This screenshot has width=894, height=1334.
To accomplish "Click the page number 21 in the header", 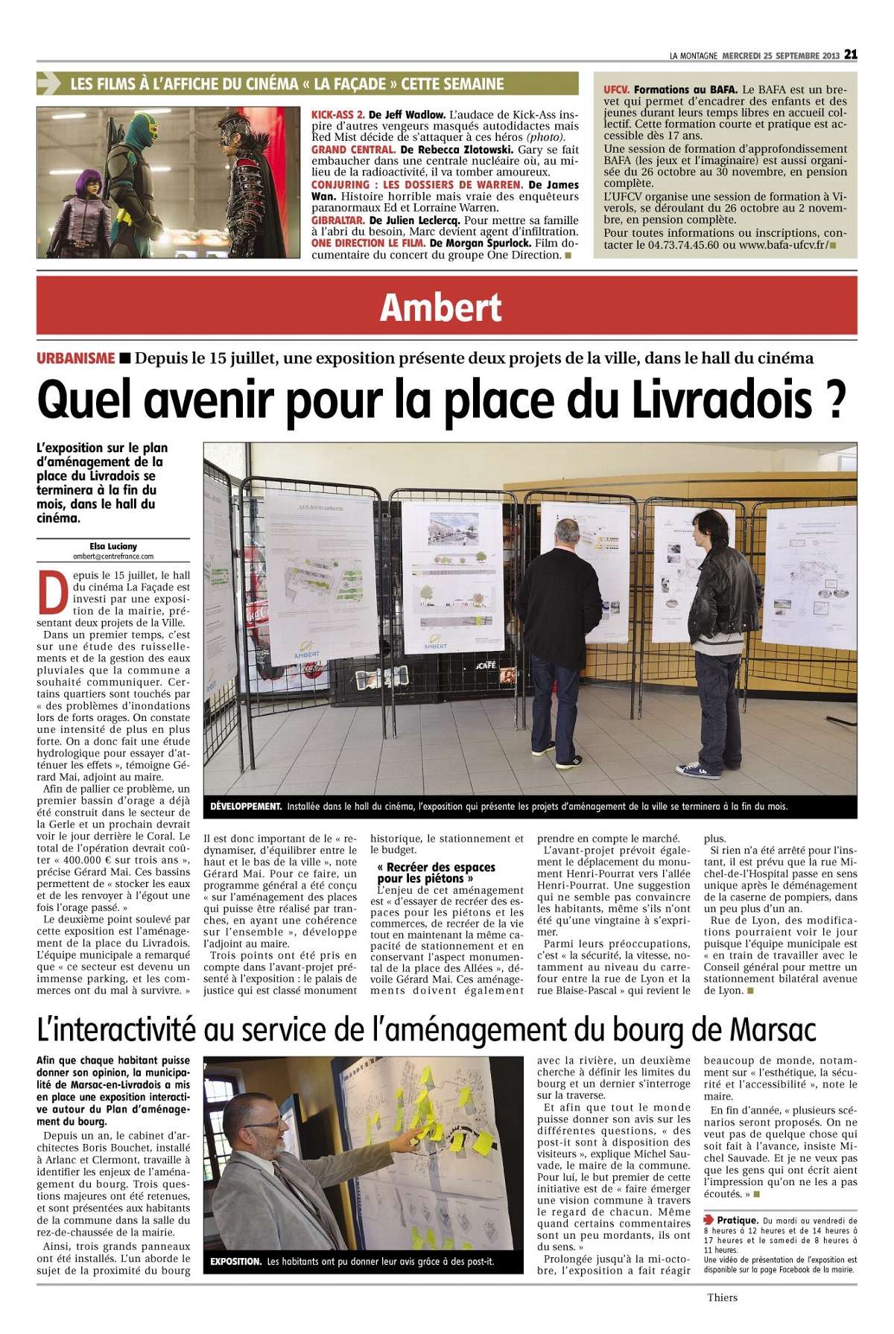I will coord(850,55).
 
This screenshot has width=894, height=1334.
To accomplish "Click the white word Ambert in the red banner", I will coord(440,308).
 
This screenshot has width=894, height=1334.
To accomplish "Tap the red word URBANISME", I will coord(76,358).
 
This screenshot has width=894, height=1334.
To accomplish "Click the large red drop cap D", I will coord(52,593).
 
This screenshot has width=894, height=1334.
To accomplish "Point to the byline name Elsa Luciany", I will coord(113,546).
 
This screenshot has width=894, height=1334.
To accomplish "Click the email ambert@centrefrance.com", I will coord(113,556).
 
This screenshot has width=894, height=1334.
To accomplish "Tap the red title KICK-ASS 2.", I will coord(337,115).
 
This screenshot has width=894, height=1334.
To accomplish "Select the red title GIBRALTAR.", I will coord(337,220).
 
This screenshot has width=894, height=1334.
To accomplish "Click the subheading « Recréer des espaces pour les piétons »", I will coord(437,873).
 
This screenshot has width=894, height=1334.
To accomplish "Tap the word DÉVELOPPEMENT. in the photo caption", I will coord(246,807).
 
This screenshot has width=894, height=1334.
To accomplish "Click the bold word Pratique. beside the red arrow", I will coord(738,1220).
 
